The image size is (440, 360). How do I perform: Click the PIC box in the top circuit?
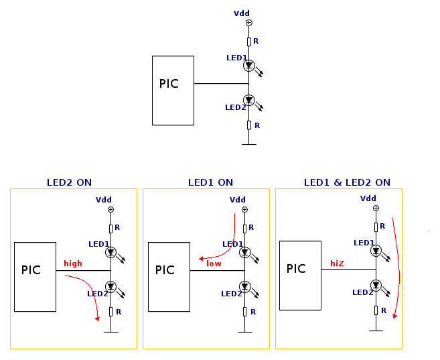click(x=173, y=91)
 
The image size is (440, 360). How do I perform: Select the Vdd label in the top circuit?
click(x=241, y=13)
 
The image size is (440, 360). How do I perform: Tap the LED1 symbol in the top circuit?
click(x=249, y=66)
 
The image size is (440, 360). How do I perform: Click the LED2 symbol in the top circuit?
click(x=249, y=101)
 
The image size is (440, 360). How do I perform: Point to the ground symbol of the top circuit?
click(x=249, y=143)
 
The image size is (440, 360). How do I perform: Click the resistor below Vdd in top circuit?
click(x=249, y=42)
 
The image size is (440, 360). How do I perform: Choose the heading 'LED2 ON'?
click(x=69, y=182)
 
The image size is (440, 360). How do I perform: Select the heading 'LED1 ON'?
click(x=210, y=182)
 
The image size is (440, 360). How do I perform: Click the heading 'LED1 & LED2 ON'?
click(x=347, y=182)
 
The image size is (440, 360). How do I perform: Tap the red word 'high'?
click(x=73, y=263)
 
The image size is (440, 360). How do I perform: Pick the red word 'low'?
click(x=214, y=263)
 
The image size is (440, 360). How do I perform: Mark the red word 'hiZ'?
click(x=337, y=263)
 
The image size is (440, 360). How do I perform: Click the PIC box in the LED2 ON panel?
click(x=35, y=277)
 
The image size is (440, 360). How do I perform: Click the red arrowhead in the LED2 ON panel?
click(x=97, y=318)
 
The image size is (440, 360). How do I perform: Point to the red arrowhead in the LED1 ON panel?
click(x=201, y=258)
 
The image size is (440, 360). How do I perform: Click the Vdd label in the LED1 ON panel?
click(x=238, y=200)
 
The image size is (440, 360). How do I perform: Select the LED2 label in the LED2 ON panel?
click(x=97, y=293)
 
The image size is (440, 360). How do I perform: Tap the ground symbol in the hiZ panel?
click(x=376, y=329)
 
